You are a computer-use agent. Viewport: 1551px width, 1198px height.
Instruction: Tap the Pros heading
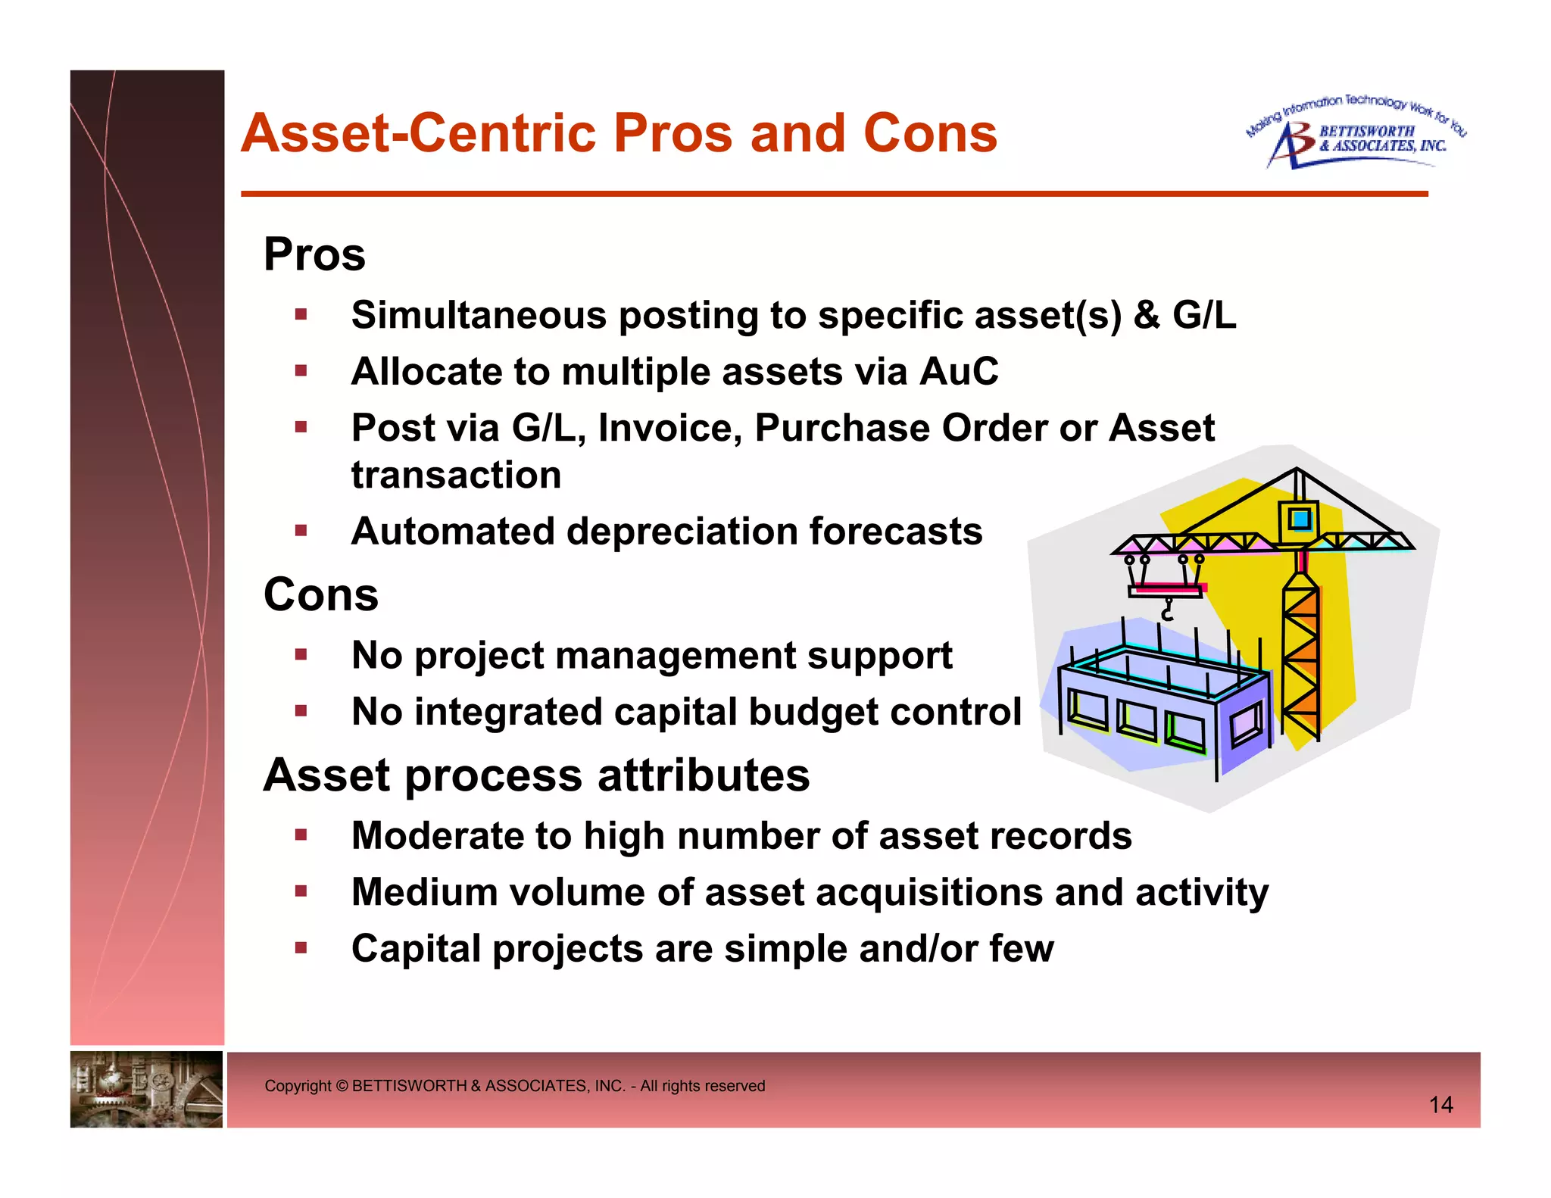click(314, 254)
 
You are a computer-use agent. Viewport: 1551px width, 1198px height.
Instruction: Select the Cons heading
click(320, 594)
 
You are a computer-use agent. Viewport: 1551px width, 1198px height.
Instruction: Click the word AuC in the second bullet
click(959, 372)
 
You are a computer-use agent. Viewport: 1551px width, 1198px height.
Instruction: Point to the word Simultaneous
click(479, 315)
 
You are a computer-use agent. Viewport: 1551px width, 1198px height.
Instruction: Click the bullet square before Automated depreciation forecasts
click(301, 530)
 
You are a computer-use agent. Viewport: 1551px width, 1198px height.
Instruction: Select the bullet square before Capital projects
click(301, 947)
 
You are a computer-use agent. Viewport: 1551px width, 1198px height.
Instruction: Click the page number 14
click(1440, 1105)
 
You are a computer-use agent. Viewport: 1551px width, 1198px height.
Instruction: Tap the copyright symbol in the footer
click(342, 1086)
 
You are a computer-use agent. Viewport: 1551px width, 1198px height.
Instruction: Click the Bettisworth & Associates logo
click(1356, 135)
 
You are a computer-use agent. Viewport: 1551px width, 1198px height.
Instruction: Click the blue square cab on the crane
click(1300, 519)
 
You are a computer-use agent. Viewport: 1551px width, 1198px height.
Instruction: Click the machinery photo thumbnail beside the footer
click(146, 1089)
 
